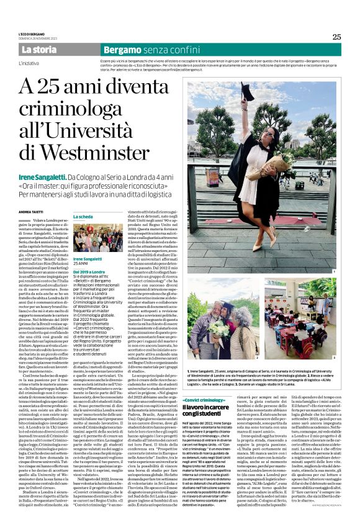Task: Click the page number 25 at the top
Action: point(336,36)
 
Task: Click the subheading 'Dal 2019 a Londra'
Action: point(90,271)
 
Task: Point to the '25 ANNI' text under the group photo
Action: point(81,263)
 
